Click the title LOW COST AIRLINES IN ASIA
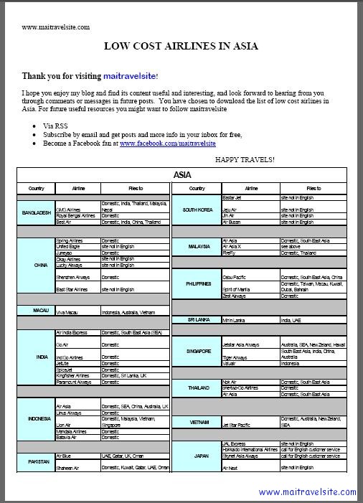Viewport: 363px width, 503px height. (x=181, y=47)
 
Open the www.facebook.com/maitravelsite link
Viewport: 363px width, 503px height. (x=158, y=144)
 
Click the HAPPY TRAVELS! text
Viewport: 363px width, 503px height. (x=245, y=159)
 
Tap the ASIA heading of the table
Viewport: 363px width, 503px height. (x=181, y=174)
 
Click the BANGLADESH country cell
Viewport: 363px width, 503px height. (x=36, y=212)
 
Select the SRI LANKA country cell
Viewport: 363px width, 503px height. (x=197, y=319)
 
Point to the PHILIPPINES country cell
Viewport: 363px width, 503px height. (x=198, y=283)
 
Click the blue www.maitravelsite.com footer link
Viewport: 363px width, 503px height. (x=307, y=492)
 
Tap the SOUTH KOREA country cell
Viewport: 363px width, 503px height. (x=198, y=210)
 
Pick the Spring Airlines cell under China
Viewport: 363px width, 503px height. (x=71, y=240)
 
